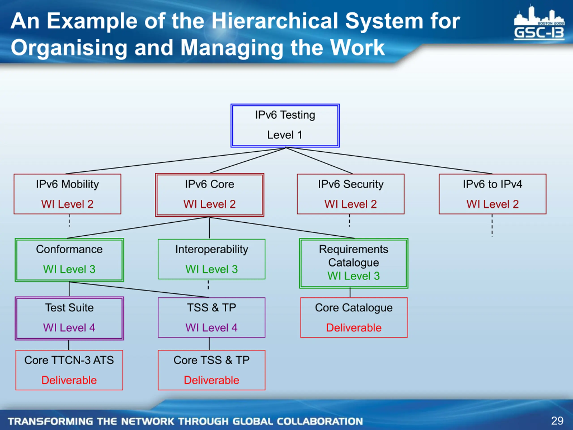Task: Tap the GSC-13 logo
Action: (x=539, y=23)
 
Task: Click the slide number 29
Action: (x=557, y=421)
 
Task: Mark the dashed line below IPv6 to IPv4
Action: (x=492, y=226)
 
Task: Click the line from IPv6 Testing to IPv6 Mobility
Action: (x=176, y=161)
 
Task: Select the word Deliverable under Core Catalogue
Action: (x=354, y=328)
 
